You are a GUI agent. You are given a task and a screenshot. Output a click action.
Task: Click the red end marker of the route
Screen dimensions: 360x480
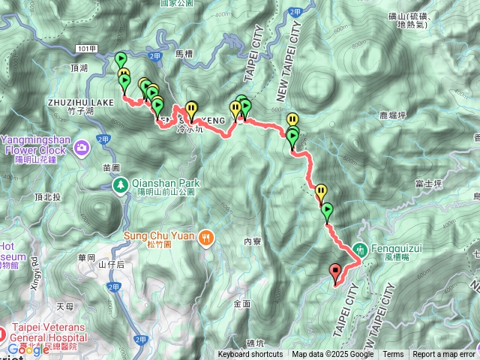point(334,271)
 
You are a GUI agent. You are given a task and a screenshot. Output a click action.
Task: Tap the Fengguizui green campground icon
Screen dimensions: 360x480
point(360,248)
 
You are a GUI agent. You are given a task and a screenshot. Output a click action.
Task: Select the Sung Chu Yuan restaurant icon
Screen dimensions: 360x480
point(207,238)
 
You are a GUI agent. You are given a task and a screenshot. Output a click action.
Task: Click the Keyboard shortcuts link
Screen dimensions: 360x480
point(250,355)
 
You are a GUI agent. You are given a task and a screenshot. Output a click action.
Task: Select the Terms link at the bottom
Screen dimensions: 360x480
point(393,355)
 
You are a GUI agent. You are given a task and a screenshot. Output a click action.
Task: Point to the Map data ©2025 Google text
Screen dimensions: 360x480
point(333,355)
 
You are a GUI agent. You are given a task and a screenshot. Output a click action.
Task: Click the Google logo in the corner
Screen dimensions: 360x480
point(28,349)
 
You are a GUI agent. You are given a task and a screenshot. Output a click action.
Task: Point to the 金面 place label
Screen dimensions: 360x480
point(241,304)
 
